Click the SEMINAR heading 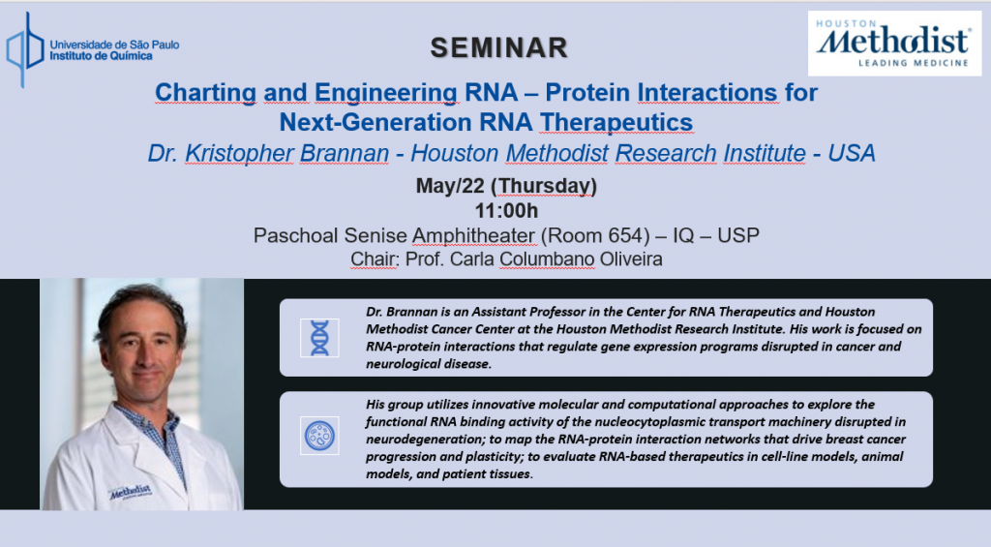(x=499, y=48)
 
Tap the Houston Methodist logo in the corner (x=894, y=44)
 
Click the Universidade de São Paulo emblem (x=24, y=50)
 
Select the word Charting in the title (x=205, y=92)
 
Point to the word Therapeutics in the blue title (x=616, y=122)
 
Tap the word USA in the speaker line (x=852, y=153)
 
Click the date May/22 (x=450, y=186)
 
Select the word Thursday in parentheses (x=544, y=186)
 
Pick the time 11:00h (x=506, y=211)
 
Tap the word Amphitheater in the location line (x=474, y=235)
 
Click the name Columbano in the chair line (x=547, y=259)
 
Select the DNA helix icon (x=319, y=338)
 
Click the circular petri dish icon (x=319, y=436)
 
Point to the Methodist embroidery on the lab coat (x=131, y=492)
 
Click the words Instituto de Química (x=101, y=56)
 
